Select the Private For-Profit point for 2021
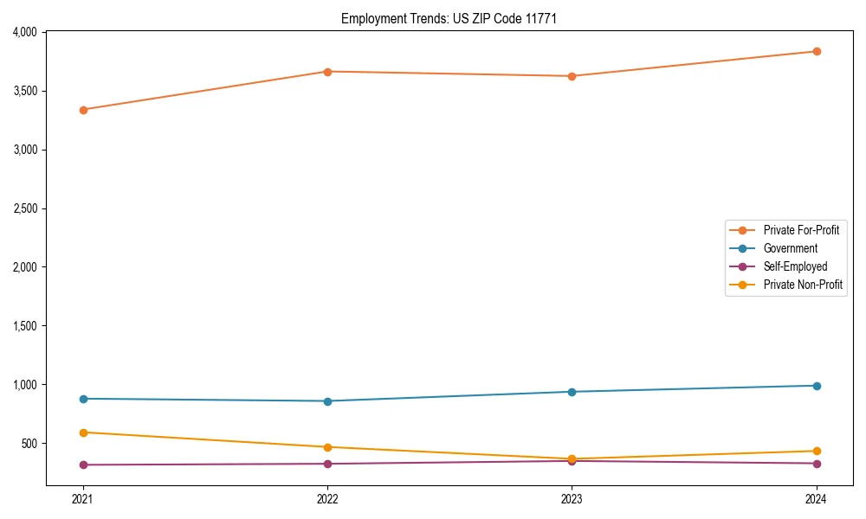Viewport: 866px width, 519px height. (83, 110)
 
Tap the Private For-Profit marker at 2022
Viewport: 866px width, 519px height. (327, 72)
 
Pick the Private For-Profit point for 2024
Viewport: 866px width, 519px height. (817, 52)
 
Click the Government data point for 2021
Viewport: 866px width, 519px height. (83, 399)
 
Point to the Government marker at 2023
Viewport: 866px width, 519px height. (572, 392)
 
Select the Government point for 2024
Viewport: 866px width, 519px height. (817, 386)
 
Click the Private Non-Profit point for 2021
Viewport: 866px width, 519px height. (83, 432)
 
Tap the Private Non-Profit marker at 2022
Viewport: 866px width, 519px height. (327, 447)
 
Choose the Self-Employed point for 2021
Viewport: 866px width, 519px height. (83, 465)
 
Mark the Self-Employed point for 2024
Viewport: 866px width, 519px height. (817, 464)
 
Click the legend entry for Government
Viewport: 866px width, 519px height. (790, 248)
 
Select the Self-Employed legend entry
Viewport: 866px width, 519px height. (795, 266)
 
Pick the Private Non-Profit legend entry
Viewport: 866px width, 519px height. (803, 285)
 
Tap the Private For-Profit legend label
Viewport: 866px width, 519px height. (801, 230)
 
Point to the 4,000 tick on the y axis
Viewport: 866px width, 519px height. (25, 32)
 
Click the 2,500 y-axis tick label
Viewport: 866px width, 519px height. (25, 208)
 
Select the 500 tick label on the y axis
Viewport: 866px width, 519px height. (29, 444)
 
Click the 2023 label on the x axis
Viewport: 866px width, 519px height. (572, 498)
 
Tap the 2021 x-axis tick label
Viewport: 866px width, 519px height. (83, 498)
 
